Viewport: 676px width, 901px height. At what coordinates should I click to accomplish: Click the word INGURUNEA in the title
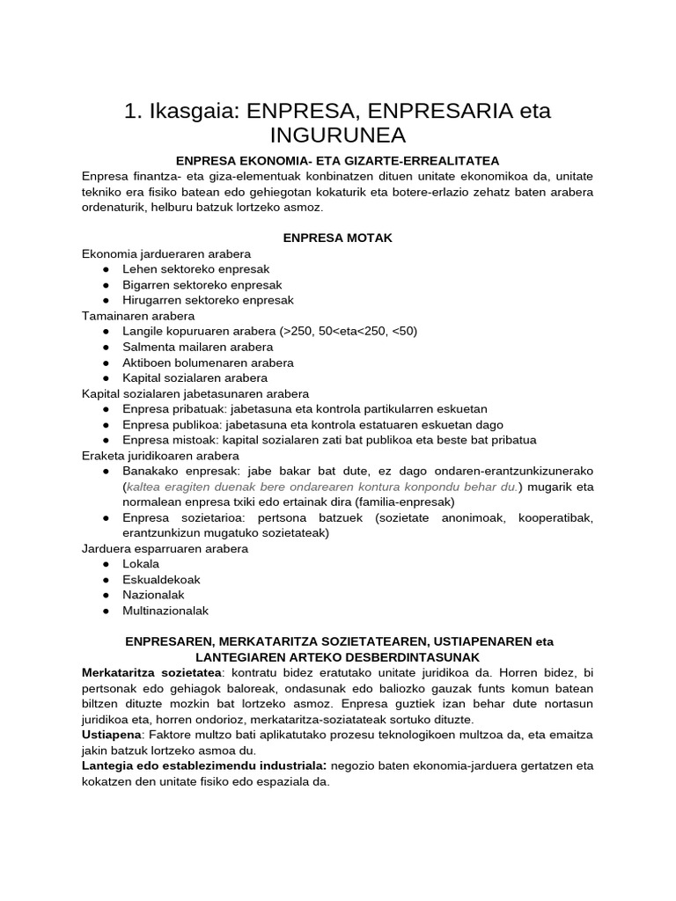tap(337, 136)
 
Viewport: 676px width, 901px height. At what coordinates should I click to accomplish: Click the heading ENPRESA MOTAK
tap(337, 238)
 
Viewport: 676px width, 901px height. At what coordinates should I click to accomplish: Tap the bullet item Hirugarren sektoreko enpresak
tap(208, 300)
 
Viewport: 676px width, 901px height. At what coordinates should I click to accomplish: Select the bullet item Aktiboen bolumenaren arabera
tap(208, 363)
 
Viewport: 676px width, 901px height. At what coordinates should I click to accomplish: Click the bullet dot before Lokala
tap(106, 564)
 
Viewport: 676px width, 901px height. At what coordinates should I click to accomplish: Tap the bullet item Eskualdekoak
tap(161, 580)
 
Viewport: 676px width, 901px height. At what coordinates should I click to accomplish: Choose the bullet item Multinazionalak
tap(165, 611)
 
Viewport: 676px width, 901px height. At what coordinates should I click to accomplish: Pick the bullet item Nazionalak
tap(154, 595)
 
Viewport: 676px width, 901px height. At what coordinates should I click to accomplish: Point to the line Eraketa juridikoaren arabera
tap(160, 456)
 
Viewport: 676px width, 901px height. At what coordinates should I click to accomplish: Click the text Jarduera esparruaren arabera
tap(165, 548)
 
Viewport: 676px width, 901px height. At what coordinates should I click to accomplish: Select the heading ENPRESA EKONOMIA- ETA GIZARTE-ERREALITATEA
tap(337, 161)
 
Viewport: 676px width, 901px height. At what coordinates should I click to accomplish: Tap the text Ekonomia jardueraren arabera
tap(166, 253)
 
